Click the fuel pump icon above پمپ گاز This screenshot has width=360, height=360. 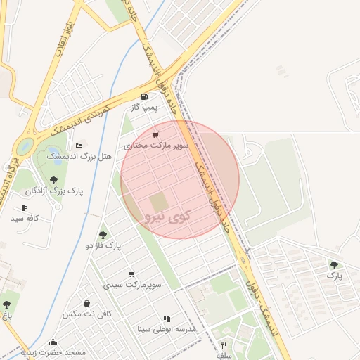(x=145, y=96)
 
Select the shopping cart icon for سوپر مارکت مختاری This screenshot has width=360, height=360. (x=155, y=134)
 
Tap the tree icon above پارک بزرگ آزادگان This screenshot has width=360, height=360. (x=53, y=180)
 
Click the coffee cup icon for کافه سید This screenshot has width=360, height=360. (x=24, y=207)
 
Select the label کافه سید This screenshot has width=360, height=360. (x=24, y=219)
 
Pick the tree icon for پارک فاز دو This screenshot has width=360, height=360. (x=103, y=235)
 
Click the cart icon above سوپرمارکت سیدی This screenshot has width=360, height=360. (x=131, y=274)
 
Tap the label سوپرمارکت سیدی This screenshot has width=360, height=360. (x=133, y=285)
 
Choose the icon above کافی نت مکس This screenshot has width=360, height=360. (x=86, y=303)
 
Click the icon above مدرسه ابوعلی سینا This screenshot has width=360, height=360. (x=167, y=319)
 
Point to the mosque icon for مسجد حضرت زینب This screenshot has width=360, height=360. (x=53, y=342)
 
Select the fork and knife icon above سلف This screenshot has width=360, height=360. (x=224, y=345)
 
